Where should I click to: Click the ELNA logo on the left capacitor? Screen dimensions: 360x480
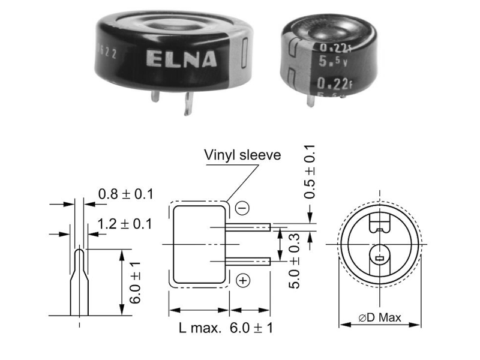173,59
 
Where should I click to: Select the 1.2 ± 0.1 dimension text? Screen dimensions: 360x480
125,224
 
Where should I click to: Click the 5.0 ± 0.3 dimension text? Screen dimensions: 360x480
294,261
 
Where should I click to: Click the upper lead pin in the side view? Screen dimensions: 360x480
249,227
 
